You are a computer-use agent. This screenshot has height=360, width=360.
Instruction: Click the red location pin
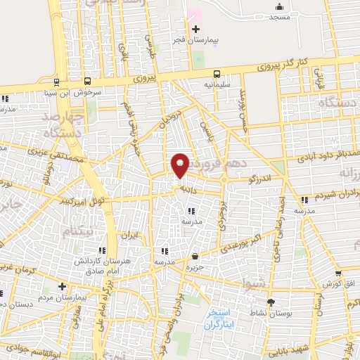click(181, 165)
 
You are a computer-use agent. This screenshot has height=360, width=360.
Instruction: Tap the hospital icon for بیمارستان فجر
click(195, 28)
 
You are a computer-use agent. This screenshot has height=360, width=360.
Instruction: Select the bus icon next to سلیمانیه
click(217, 73)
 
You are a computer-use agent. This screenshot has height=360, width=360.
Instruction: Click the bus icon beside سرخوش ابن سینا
click(86, 81)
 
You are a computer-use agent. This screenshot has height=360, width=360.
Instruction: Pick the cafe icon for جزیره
click(195, 257)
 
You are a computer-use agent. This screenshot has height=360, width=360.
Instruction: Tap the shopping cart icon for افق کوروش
click(338, 274)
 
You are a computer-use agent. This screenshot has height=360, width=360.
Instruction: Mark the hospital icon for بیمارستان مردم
click(63, 286)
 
